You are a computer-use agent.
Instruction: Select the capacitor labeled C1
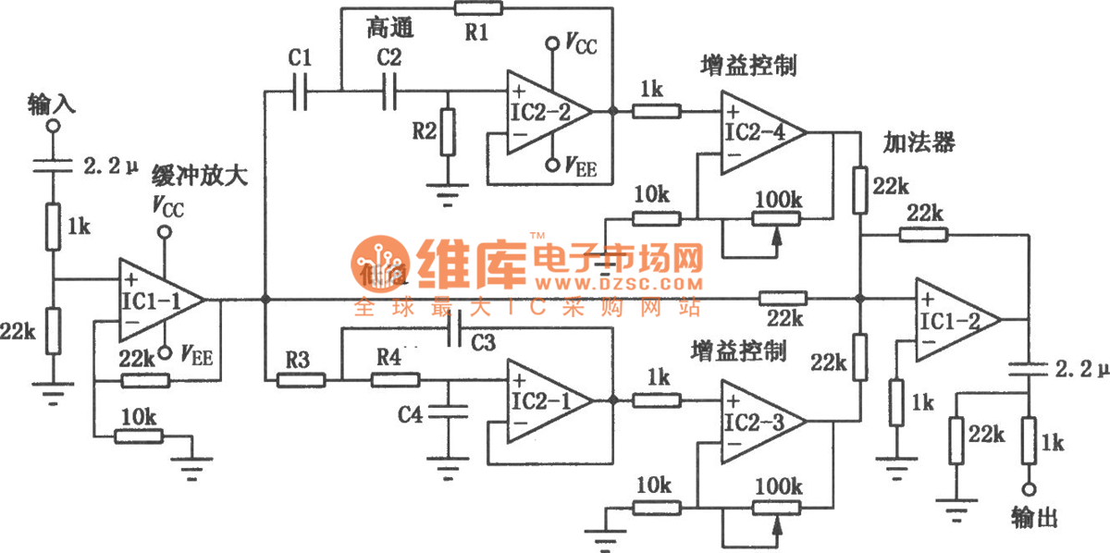tap(299, 92)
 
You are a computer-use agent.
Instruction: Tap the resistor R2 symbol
tap(449, 133)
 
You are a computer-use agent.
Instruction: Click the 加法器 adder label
tap(919, 143)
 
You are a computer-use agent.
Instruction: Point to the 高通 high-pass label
tap(389, 28)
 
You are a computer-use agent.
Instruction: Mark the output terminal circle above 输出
tap(1029, 489)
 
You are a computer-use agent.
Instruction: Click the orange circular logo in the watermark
tap(380, 262)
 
